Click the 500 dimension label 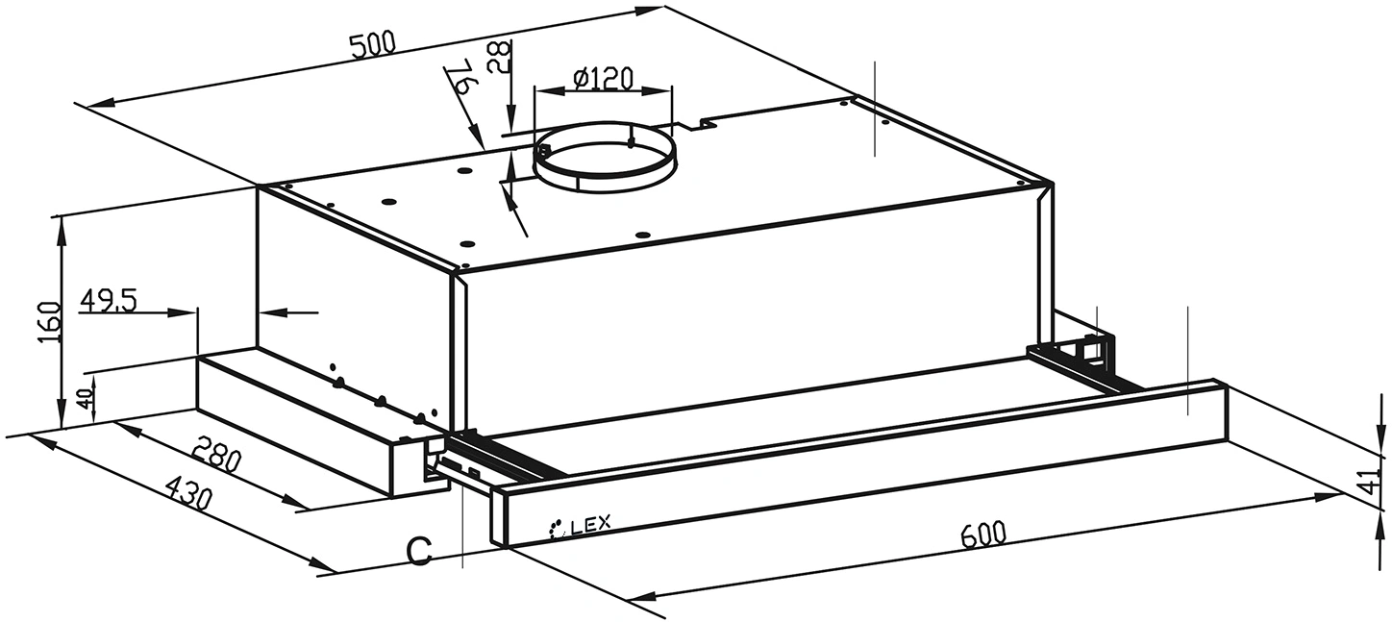click(x=372, y=45)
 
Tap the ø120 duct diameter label click(x=603, y=79)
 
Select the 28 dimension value click(x=501, y=57)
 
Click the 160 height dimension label click(x=49, y=322)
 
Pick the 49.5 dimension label click(x=108, y=301)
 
